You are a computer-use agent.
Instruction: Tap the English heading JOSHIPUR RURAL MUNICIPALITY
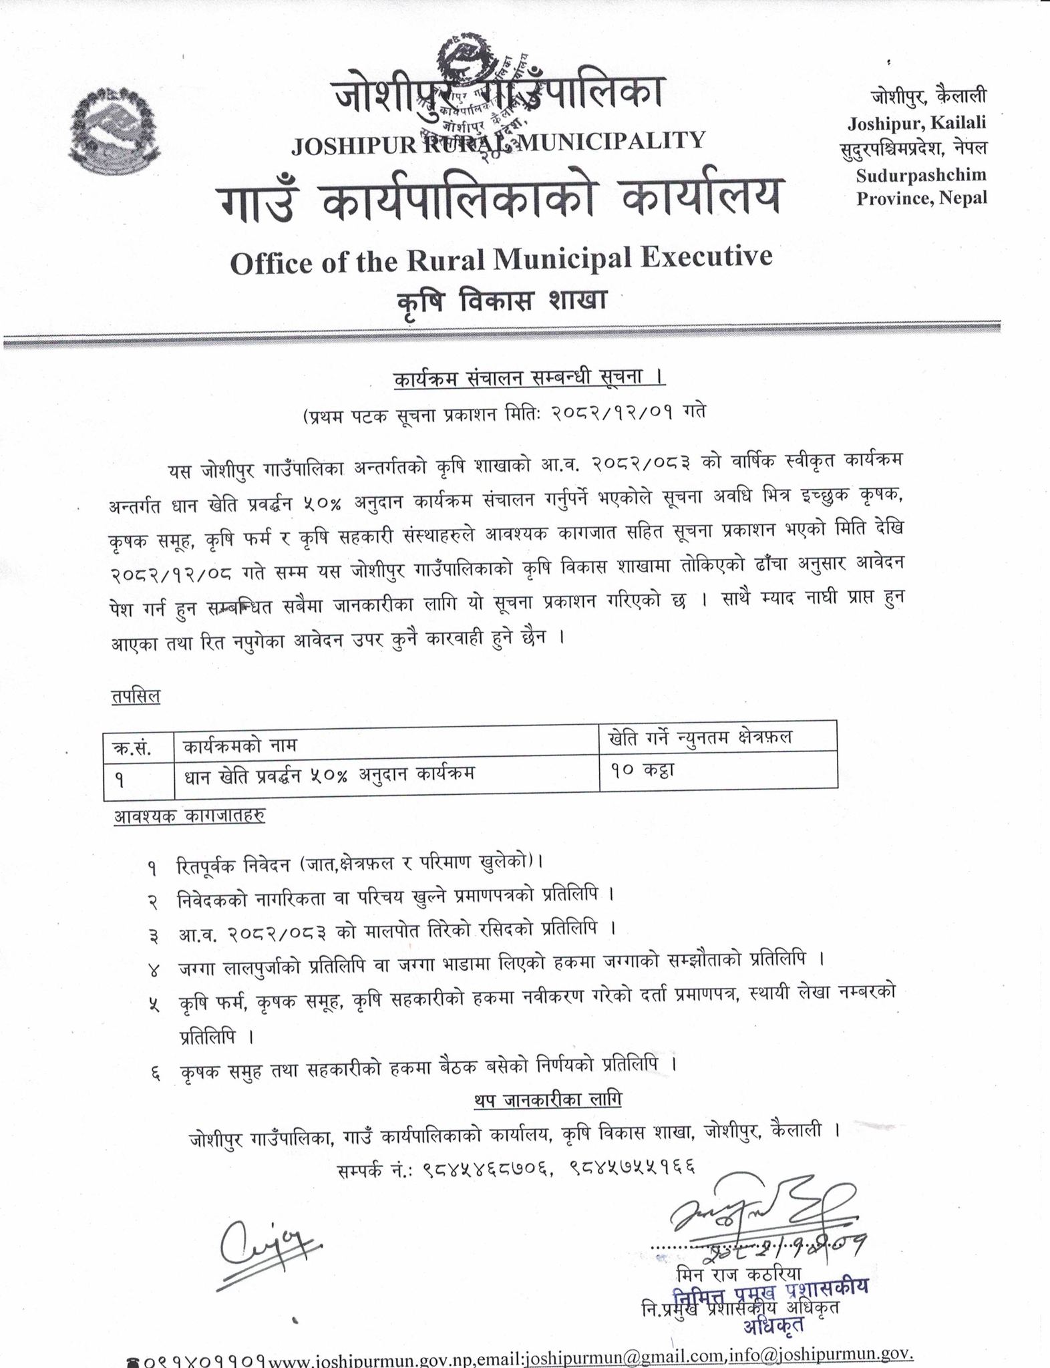pyautogui.click(x=498, y=142)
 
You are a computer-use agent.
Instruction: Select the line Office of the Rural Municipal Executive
pyautogui.click(x=500, y=259)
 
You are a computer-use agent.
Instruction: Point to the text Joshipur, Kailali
pyautogui.click(x=916, y=123)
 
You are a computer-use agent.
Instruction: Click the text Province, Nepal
pyautogui.click(x=921, y=198)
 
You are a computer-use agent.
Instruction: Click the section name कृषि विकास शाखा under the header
pyautogui.click(x=500, y=301)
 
